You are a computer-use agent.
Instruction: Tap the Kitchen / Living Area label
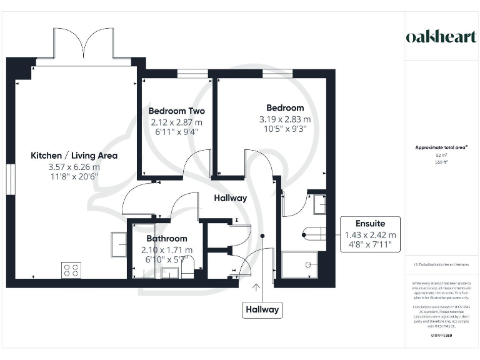click(x=74, y=156)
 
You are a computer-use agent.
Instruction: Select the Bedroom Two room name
click(x=177, y=111)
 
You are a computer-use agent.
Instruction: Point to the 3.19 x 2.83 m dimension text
click(x=285, y=119)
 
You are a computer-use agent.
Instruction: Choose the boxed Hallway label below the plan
click(x=262, y=309)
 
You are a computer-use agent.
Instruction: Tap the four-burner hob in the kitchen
click(x=71, y=270)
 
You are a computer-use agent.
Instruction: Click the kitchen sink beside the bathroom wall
click(x=119, y=244)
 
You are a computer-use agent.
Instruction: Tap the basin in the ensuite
click(x=319, y=204)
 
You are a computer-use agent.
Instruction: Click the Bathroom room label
click(x=167, y=239)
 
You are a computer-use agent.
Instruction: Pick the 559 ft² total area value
click(x=441, y=161)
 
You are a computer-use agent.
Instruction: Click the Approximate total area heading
click(x=441, y=147)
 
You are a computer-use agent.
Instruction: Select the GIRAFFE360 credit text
click(x=441, y=336)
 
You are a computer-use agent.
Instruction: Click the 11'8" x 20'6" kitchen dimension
click(x=74, y=176)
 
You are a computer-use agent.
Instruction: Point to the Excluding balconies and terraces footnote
click(x=441, y=264)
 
